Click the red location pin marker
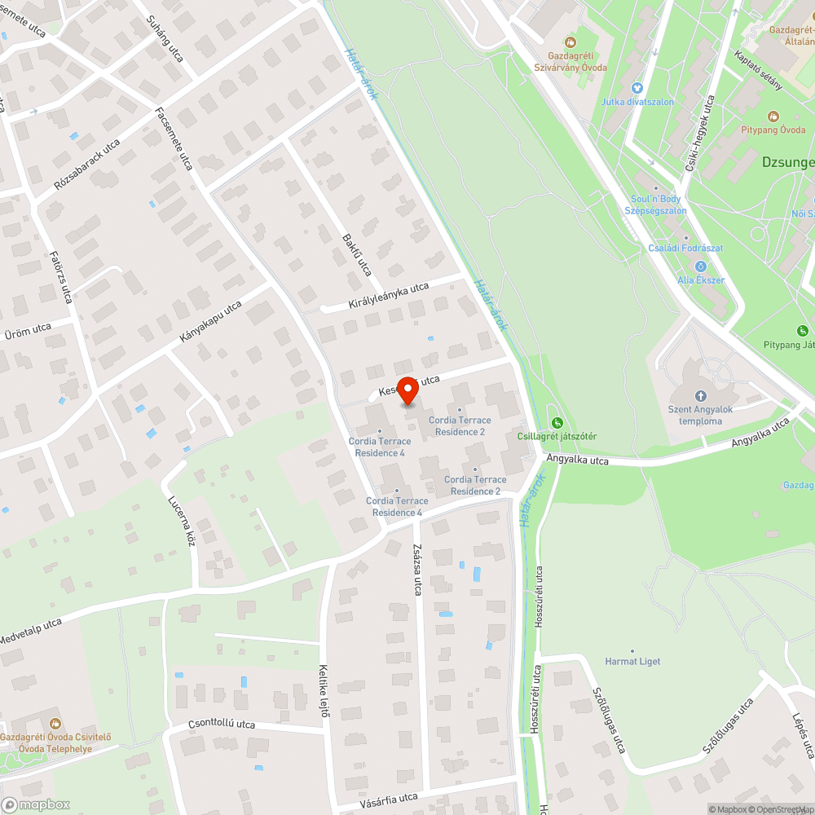407,390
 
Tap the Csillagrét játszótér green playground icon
557,422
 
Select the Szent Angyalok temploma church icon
700,395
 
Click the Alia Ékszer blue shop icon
700,266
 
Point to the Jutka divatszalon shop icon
637,88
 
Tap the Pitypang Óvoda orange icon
773,117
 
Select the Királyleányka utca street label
388,295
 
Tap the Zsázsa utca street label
416,570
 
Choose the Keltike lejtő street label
324,690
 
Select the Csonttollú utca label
222,725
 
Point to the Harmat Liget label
633,661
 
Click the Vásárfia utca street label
389,800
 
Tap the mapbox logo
36,804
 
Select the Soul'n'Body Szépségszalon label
655,205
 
